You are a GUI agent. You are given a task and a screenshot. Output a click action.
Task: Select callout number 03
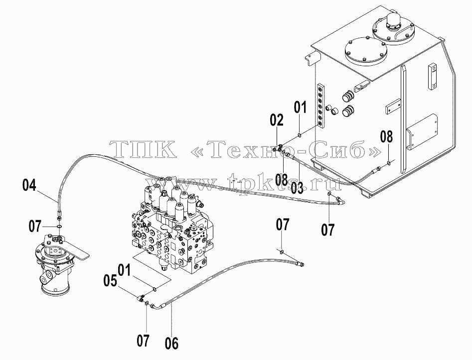297,187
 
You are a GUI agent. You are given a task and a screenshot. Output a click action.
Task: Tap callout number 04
29,185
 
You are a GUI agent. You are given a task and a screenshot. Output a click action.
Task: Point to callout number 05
110,281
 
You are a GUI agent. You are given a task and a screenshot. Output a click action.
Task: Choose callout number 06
171,344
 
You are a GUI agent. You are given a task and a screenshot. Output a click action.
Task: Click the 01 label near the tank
300,108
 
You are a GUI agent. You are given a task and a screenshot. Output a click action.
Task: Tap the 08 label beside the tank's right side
386,136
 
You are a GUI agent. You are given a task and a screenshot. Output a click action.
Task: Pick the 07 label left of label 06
143,341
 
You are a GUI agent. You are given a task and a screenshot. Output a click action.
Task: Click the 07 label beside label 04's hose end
35,226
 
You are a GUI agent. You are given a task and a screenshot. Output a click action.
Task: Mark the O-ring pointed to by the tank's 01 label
300,135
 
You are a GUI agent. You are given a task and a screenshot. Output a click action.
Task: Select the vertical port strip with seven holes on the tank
321,106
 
